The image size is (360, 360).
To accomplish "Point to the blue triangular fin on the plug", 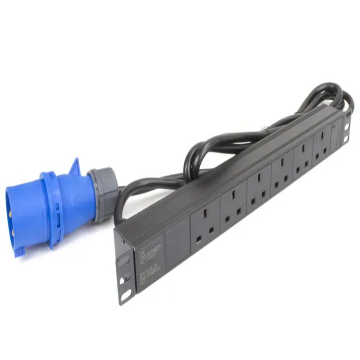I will point(75,168).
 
